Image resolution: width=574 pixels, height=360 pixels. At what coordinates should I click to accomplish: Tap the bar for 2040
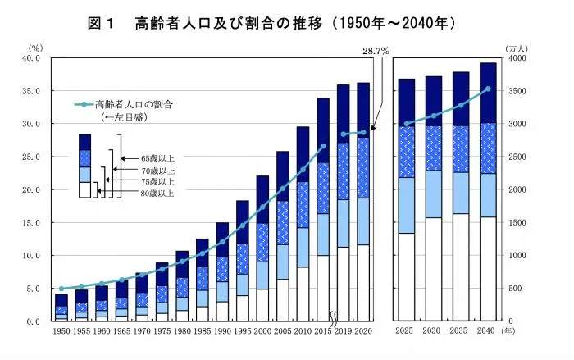tap(488, 192)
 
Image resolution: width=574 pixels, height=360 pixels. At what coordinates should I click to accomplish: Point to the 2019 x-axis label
tap(343, 331)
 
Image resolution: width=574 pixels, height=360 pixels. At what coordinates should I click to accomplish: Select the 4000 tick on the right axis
tap(517, 58)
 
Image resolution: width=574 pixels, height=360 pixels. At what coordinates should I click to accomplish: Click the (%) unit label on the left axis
tap(34, 48)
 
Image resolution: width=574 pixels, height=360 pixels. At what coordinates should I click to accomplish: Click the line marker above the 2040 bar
tap(488, 89)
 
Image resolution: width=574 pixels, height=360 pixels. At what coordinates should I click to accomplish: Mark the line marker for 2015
tap(323, 146)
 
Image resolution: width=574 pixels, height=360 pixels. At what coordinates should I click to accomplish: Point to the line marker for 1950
tap(61, 289)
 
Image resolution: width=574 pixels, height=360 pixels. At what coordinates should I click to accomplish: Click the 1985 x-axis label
tap(202, 331)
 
